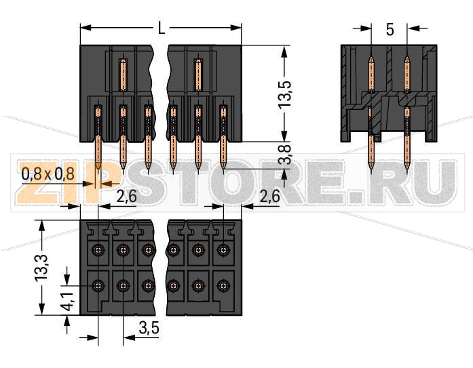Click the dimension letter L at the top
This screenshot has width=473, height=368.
click(161, 28)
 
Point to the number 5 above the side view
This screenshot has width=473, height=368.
click(390, 29)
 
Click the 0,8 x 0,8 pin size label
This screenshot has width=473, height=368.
click(48, 174)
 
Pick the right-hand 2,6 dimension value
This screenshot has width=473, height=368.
click(269, 197)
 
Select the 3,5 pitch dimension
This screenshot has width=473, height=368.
click(148, 329)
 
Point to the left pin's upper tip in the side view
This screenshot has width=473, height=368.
click(371, 60)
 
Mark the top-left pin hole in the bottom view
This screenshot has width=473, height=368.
click(98, 251)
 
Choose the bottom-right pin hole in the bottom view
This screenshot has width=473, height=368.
click(223, 286)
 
